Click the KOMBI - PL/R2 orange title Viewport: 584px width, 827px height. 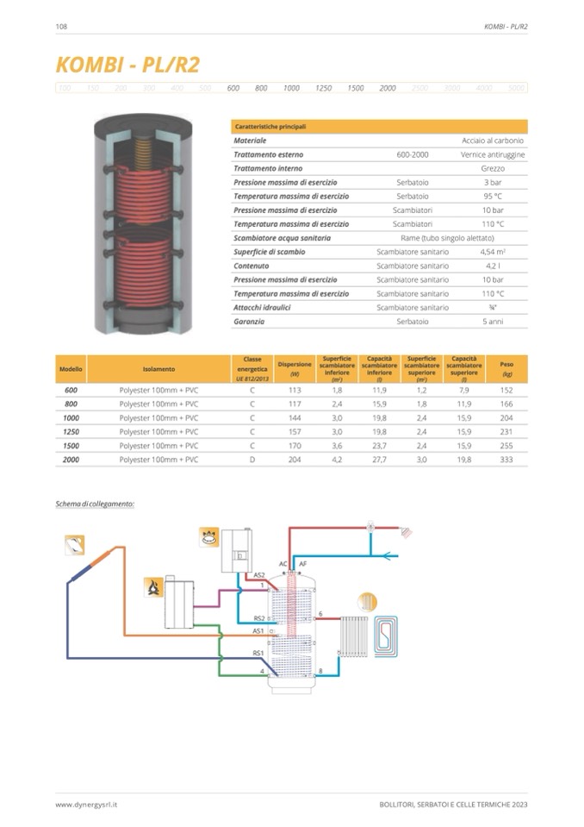pyautogui.click(x=127, y=66)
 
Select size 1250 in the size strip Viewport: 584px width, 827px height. pyautogui.click(x=323, y=88)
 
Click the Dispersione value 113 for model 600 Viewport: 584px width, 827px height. pyautogui.click(x=294, y=390)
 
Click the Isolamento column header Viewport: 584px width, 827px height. pyautogui.click(x=158, y=368)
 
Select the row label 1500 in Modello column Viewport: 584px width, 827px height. pyautogui.click(x=71, y=446)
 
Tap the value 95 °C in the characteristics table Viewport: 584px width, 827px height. pyautogui.click(x=492, y=196)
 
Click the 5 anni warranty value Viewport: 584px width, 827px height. pyautogui.click(x=492, y=322)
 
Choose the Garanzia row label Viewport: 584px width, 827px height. pyautogui.click(x=250, y=322)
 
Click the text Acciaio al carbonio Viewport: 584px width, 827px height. pyautogui.click(x=493, y=140)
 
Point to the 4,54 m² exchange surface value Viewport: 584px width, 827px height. pyautogui.click(x=492, y=252)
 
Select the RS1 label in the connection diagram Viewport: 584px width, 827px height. pyautogui.click(x=258, y=653)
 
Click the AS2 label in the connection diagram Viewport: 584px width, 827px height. pyautogui.click(x=258, y=574)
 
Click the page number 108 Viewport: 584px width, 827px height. pyautogui.click(x=61, y=27)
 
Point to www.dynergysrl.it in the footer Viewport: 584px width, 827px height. pyautogui.click(x=86, y=805)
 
